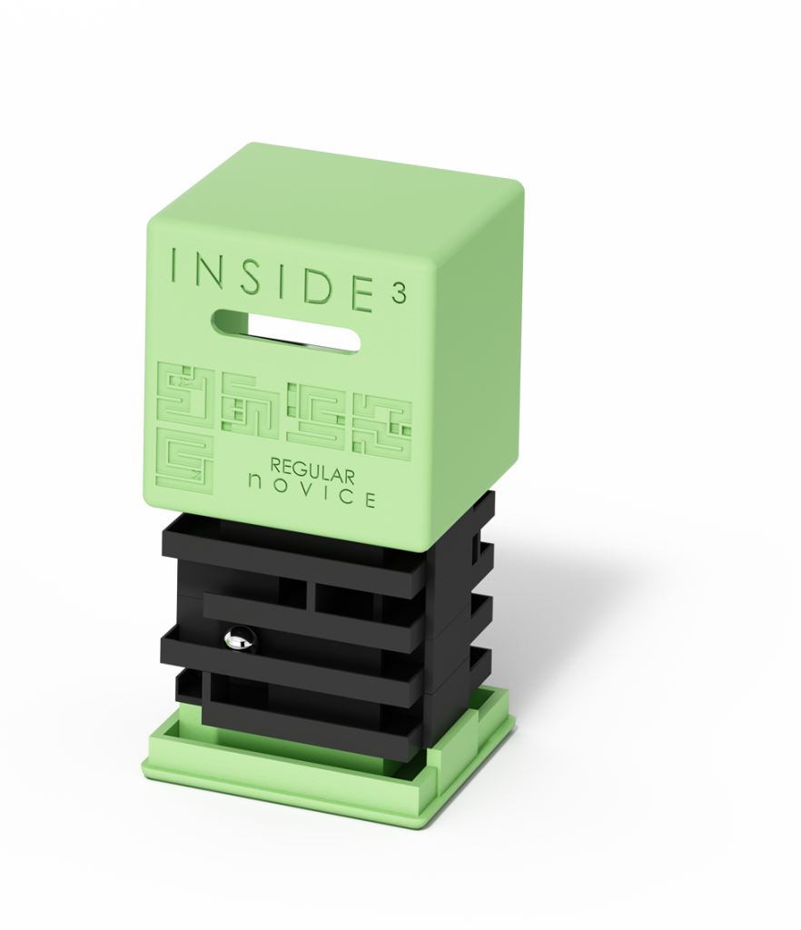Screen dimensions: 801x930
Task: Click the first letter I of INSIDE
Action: [173, 265]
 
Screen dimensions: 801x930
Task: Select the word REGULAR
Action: [312, 471]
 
